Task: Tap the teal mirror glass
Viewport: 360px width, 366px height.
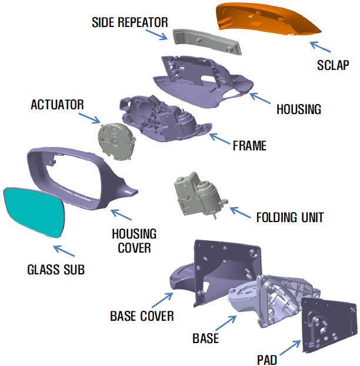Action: (x=34, y=212)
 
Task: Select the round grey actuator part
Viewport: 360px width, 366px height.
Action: (x=116, y=142)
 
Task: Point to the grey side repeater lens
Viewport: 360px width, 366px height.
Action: (x=207, y=42)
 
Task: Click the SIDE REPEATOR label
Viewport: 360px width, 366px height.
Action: (x=130, y=22)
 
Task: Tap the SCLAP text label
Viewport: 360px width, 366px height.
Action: (x=333, y=65)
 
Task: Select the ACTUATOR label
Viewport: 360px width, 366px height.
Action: (x=57, y=105)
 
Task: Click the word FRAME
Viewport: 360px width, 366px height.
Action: (x=249, y=146)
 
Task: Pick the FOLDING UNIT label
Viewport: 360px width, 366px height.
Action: (x=290, y=217)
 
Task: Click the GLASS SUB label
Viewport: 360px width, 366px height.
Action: (x=56, y=270)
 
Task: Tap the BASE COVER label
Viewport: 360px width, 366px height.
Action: (x=142, y=316)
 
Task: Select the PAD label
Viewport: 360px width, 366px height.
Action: (x=267, y=360)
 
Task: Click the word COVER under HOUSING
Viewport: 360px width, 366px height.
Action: (x=134, y=248)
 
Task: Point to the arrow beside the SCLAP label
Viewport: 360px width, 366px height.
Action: (x=320, y=46)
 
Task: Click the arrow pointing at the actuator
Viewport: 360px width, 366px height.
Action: (x=90, y=118)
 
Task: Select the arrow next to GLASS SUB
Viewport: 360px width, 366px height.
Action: (x=64, y=251)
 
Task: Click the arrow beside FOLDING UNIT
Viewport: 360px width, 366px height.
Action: (x=241, y=213)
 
